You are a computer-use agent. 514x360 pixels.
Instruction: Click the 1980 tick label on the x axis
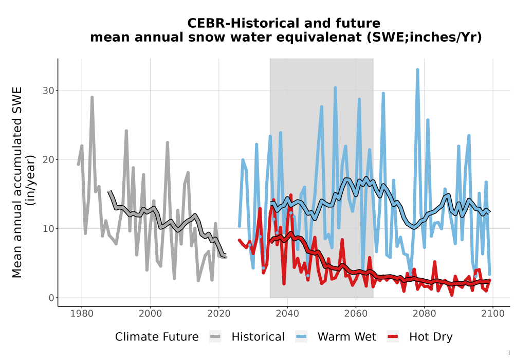tap(82, 314)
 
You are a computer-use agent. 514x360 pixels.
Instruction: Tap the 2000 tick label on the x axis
tap(150, 314)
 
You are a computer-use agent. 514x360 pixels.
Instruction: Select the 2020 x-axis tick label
tap(218, 314)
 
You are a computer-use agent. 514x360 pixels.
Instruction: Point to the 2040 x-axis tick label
tap(287, 314)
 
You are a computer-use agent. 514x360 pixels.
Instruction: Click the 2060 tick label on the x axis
tap(356, 314)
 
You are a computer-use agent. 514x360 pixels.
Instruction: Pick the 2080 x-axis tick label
tap(424, 314)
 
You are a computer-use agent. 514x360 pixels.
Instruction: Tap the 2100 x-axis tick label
tap(493, 314)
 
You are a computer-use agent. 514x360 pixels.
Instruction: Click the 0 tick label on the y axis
tap(51, 298)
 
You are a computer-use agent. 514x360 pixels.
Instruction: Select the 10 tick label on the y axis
tap(48, 229)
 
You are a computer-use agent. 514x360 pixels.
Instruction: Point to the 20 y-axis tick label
tap(48, 159)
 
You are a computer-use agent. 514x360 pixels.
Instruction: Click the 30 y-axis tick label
tap(48, 91)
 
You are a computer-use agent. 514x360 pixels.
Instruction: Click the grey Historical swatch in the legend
tap(215, 337)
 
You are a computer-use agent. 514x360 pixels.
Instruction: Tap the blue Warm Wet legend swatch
tap(301, 337)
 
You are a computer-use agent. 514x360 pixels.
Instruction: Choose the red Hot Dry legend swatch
tap(393, 337)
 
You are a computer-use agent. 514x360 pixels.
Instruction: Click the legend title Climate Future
tap(157, 337)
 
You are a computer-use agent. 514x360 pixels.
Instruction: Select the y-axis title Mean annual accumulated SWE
tap(17, 182)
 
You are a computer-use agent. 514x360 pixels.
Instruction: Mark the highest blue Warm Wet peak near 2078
tap(417, 69)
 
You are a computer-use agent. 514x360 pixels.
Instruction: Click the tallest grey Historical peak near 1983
tap(92, 97)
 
